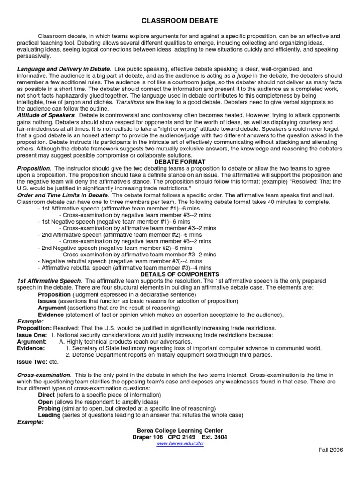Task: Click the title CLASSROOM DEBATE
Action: [180, 21]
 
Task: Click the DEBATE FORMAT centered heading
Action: [180, 161]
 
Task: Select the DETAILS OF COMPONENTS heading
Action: [180, 274]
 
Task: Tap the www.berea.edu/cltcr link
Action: [180, 443]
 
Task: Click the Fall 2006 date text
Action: [330, 450]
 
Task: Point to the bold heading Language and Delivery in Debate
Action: [64, 69]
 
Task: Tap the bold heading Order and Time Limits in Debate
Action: [62, 195]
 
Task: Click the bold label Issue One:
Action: [32, 335]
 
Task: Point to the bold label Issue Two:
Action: [32, 362]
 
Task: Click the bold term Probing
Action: [49, 408]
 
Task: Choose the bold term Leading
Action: [49, 415]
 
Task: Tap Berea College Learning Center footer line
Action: [180, 430]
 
